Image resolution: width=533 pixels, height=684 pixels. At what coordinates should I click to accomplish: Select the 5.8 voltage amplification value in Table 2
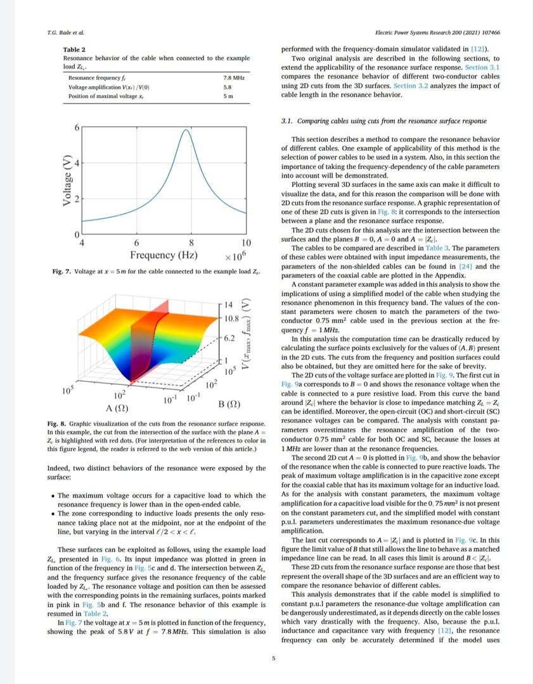pyautogui.click(x=227, y=87)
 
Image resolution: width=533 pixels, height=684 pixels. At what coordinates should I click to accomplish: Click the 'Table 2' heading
pyautogui.click(x=74, y=49)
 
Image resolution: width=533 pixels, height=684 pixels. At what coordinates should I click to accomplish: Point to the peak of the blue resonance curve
pyautogui.click(x=186, y=130)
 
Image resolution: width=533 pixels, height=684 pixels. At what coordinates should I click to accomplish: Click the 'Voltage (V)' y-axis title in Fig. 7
pyautogui.click(x=67, y=180)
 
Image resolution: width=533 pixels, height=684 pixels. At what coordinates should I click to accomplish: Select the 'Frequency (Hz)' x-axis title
pyautogui.click(x=164, y=255)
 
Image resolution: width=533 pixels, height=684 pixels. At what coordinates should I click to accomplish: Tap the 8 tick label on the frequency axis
pyautogui.click(x=191, y=243)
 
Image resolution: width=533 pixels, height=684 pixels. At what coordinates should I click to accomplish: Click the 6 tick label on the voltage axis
pyautogui.click(x=77, y=127)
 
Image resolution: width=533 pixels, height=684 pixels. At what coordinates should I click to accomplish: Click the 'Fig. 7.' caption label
pyautogui.click(x=62, y=271)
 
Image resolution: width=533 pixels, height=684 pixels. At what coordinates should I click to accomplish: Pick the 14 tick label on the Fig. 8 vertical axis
pyautogui.click(x=230, y=305)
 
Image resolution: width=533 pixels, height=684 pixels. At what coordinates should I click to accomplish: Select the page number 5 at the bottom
pyautogui.click(x=273, y=659)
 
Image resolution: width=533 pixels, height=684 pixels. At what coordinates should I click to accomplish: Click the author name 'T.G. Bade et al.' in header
pyautogui.click(x=66, y=32)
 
